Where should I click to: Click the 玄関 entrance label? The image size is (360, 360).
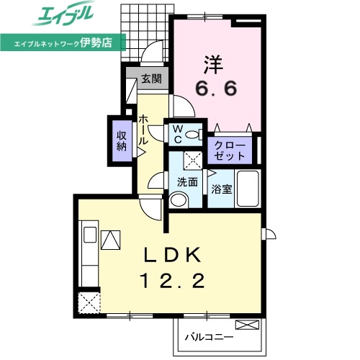[151, 78]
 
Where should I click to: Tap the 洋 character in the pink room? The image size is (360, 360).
[213, 65]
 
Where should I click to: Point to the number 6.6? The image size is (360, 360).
[216, 88]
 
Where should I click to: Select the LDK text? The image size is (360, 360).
[172, 255]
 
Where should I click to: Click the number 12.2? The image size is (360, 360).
[173, 281]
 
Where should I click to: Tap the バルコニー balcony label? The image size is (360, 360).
[209, 338]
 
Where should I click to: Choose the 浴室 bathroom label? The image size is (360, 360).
[222, 189]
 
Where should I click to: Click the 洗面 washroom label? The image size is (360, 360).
[187, 182]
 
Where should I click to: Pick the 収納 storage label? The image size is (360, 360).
[122, 141]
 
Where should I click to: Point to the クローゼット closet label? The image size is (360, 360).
[230, 151]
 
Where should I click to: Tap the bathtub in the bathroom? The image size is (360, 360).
[248, 189]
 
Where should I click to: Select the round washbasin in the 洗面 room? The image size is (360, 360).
[179, 199]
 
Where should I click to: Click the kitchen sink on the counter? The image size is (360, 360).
[90, 235]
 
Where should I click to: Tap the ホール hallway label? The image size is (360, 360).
[143, 130]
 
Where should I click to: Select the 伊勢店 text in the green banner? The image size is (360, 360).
[96, 43]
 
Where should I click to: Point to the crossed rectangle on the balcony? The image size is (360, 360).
[248, 325]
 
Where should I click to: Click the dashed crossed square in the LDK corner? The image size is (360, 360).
[89, 303]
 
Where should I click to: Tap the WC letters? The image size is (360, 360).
[178, 135]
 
